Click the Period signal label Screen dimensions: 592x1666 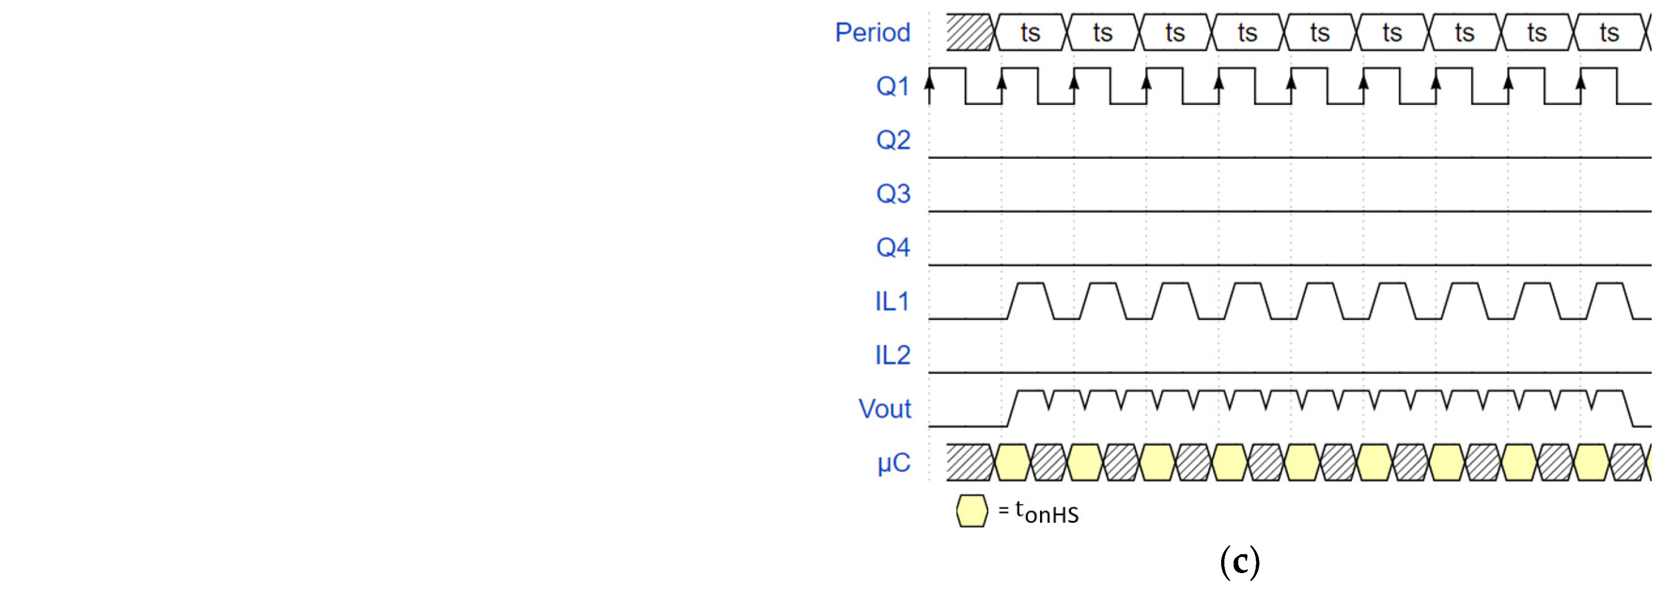click(x=873, y=32)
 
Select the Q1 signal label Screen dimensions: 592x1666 click(x=892, y=86)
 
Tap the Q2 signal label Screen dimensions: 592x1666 click(x=892, y=140)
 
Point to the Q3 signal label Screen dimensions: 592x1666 click(x=892, y=193)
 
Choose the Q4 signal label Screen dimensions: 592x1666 click(x=892, y=247)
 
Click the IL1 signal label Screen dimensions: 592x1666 click(x=892, y=301)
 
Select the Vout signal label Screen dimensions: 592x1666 click(x=884, y=409)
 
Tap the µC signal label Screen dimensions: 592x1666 click(x=894, y=463)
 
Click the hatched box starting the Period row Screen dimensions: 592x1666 click(x=969, y=32)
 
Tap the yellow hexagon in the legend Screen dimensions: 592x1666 click(x=972, y=511)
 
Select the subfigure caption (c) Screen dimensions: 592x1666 click(x=1239, y=562)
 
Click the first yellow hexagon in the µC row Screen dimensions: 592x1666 click(x=1012, y=463)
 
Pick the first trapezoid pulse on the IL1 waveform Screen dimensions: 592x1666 click(x=1031, y=300)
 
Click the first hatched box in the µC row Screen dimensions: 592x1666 click(x=969, y=463)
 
